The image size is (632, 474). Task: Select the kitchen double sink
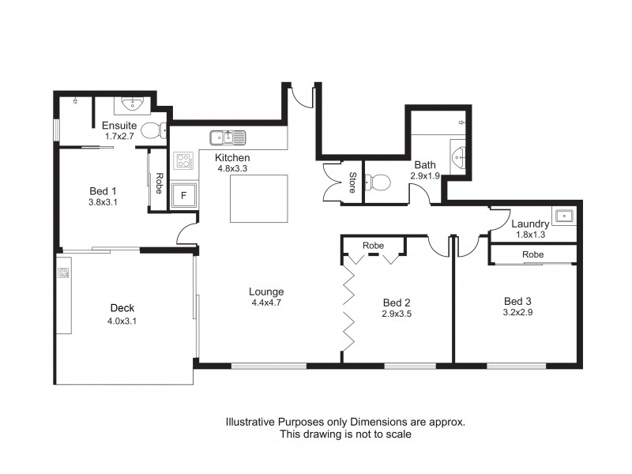228,138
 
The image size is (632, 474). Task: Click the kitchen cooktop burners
184,162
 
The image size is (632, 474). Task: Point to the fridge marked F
184,195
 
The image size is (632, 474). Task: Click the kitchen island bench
255,198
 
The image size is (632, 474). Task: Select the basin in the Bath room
458,156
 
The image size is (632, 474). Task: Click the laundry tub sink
564,216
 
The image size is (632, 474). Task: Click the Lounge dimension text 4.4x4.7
266,303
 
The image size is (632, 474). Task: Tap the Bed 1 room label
103,190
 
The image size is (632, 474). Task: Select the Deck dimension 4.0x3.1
122,321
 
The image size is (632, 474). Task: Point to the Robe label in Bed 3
533,255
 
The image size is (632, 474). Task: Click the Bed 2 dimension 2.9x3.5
396,314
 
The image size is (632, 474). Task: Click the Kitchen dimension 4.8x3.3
232,168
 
